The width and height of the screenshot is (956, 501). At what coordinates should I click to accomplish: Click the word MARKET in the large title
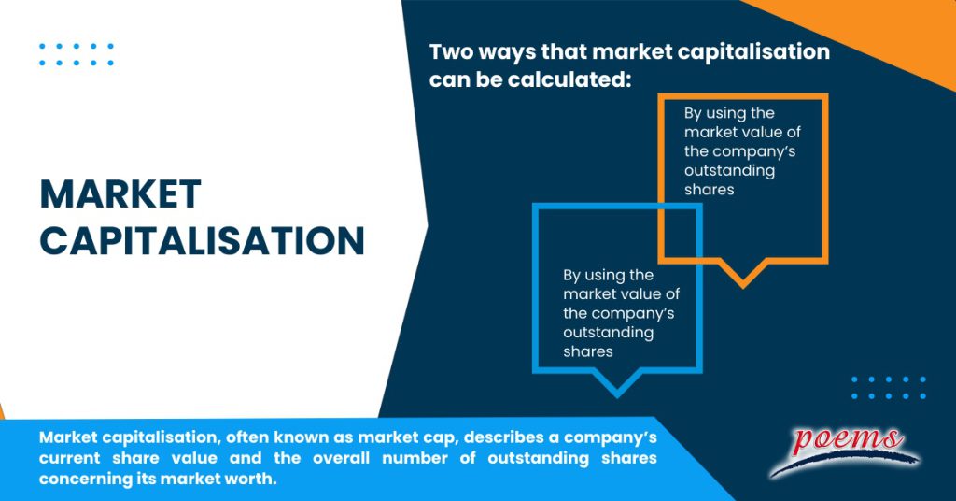[x=119, y=194]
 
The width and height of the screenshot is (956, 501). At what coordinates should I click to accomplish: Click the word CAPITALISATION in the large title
[x=202, y=241]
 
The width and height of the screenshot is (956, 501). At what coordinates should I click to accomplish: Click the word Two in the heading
[x=451, y=52]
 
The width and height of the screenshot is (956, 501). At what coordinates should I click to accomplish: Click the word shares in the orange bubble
[x=709, y=190]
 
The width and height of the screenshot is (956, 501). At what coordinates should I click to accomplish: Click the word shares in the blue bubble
[x=587, y=352]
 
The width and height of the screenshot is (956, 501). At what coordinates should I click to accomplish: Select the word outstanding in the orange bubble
[x=729, y=171]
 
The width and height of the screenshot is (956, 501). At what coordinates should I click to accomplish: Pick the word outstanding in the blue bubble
[x=608, y=333]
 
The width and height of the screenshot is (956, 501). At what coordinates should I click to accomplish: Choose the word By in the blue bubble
[x=572, y=276]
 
